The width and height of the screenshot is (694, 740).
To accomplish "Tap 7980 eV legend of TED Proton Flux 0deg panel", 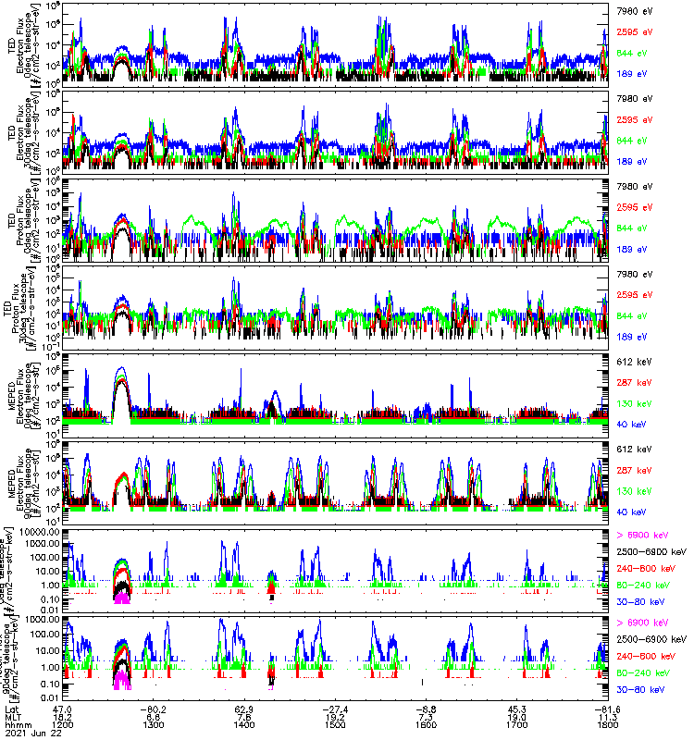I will point(634,187).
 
